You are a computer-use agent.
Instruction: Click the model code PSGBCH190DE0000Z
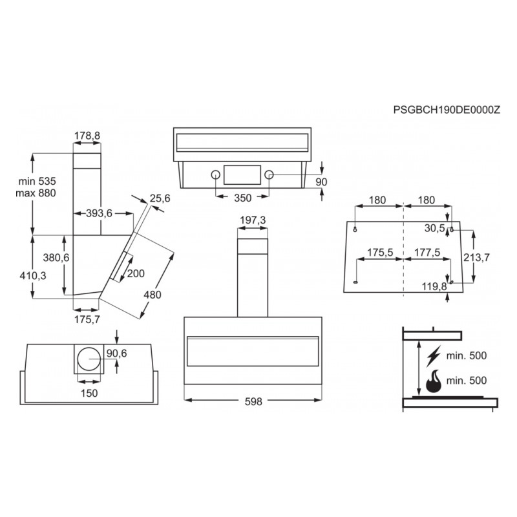click(x=447, y=110)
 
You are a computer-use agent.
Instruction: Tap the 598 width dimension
click(x=253, y=401)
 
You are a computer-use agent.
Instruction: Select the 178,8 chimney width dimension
click(x=87, y=136)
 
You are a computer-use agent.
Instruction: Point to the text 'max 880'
click(x=36, y=193)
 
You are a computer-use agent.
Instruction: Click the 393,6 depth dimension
click(x=100, y=213)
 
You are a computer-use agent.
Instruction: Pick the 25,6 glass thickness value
click(x=160, y=198)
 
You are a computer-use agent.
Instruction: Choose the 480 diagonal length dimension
click(x=153, y=295)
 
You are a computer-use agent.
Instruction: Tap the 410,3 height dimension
click(x=33, y=276)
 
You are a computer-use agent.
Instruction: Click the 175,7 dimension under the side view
click(x=87, y=319)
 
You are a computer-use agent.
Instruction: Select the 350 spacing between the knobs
click(x=243, y=198)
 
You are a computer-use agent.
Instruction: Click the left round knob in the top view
click(x=216, y=174)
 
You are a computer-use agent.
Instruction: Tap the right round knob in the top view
click(x=269, y=174)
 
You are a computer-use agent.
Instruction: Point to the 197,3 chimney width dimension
click(x=253, y=220)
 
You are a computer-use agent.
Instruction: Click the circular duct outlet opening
click(x=89, y=359)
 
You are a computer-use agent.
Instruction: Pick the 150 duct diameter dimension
click(x=89, y=393)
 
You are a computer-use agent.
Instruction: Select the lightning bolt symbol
click(x=434, y=356)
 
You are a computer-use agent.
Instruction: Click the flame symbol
click(x=434, y=381)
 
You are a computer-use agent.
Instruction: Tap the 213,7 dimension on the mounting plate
click(x=477, y=257)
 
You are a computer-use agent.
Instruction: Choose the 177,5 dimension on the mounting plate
click(x=427, y=252)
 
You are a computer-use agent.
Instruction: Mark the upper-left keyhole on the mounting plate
click(x=355, y=229)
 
